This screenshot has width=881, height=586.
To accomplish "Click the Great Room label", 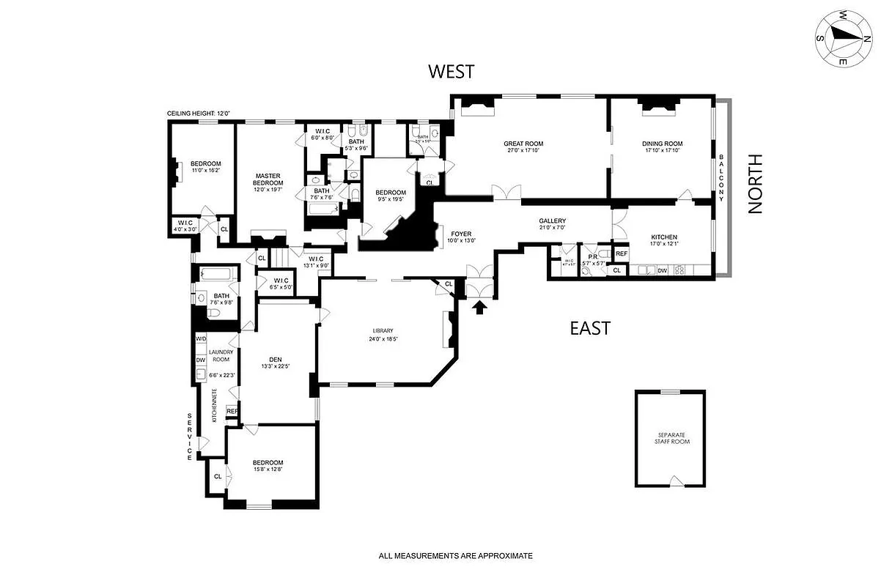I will pos(522,144).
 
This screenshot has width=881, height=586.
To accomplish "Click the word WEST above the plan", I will pos(451,71).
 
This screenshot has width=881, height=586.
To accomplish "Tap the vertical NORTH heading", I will pos(755,183).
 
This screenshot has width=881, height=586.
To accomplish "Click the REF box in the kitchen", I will pos(622,253).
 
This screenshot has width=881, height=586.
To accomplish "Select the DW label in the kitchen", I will pos(662,271).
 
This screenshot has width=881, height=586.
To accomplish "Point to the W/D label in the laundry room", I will pos(200,339).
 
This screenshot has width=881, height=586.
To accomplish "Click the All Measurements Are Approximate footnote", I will pos(455,556).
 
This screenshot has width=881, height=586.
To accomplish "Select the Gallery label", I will pos(552,220).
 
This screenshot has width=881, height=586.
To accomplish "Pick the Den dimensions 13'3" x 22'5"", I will pos(276,368).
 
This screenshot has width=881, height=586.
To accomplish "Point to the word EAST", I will pos(590,328).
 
